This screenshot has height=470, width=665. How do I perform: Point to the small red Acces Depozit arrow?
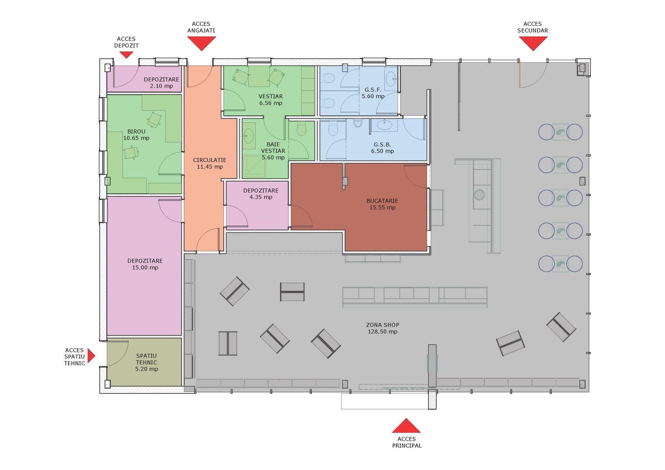tap(126, 54)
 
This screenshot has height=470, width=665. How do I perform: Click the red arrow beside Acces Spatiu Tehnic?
tap(91, 356)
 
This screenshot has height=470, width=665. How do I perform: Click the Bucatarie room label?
tap(382, 204)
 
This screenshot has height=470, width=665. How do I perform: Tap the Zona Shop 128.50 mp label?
tap(382, 328)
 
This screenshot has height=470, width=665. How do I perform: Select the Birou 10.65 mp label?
tap(136, 135)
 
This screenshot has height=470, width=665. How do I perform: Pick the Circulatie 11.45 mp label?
tap(209, 163)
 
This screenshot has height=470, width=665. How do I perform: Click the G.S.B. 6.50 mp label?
tap(382, 148)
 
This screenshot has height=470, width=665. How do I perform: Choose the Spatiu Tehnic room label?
tap(146, 362)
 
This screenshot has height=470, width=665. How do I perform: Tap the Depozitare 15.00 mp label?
tap(145, 264)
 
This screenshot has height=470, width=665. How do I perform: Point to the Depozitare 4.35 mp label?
tap(261, 194)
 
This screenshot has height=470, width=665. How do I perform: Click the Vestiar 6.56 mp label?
tap(270, 100)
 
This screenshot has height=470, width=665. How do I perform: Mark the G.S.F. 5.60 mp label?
tap(373, 93)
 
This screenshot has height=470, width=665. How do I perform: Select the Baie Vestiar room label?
tap(273, 151)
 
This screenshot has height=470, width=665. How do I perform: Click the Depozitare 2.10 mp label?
tap(162, 83)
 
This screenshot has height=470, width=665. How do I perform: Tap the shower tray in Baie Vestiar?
tap(254, 168)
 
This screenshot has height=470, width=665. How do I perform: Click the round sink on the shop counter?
tap(479, 195)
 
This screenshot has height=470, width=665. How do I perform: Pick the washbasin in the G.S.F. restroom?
tap(391, 78)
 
